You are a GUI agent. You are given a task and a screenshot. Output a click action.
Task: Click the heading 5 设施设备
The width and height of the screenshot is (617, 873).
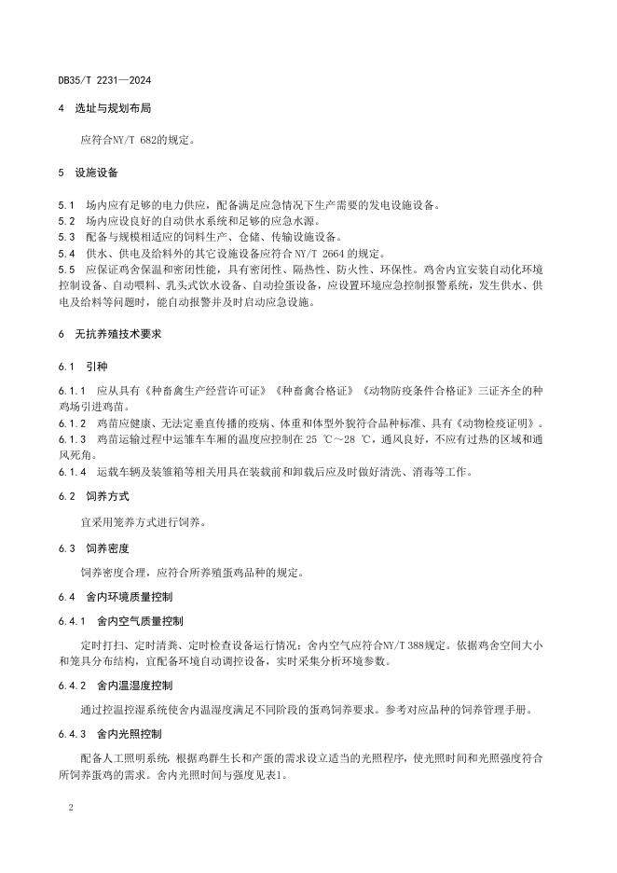(87, 173)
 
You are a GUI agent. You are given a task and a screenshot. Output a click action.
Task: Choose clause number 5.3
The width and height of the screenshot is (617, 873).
(66, 237)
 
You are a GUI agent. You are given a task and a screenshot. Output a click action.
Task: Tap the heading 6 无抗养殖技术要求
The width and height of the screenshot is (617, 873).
(112, 333)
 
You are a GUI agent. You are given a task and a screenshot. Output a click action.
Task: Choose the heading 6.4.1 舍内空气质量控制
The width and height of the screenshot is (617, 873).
(121, 620)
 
